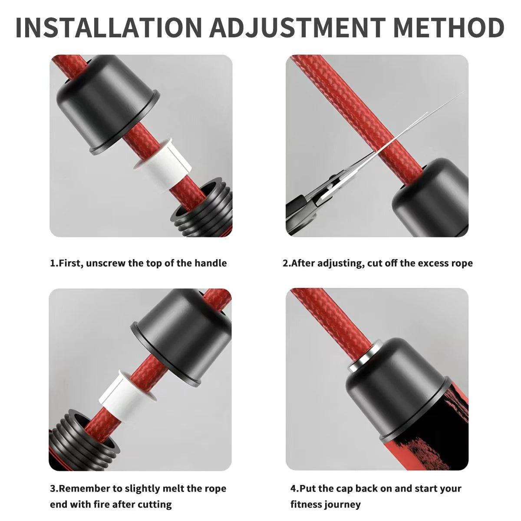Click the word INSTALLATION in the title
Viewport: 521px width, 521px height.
[109, 27]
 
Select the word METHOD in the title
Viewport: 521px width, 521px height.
[449, 27]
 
